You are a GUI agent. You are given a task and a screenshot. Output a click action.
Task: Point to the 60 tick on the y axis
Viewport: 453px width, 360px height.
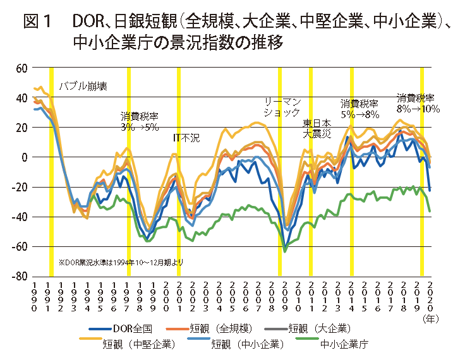(x=21, y=68)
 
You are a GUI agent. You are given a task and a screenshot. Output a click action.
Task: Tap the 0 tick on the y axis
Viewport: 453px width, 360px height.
(x=25, y=157)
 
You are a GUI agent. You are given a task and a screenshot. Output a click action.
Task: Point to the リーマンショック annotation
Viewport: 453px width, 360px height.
(x=282, y=107)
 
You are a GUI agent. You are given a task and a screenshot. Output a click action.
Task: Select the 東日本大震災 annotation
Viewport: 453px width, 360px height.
(x=317, y=128)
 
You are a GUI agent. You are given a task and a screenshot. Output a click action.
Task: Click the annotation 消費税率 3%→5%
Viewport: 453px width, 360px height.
(x=140, y=122)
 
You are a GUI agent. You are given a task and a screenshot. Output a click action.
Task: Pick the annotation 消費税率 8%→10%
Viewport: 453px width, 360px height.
(x=418, y=103)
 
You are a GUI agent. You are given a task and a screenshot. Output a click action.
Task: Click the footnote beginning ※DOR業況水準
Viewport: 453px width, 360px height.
(x=121, y=261)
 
